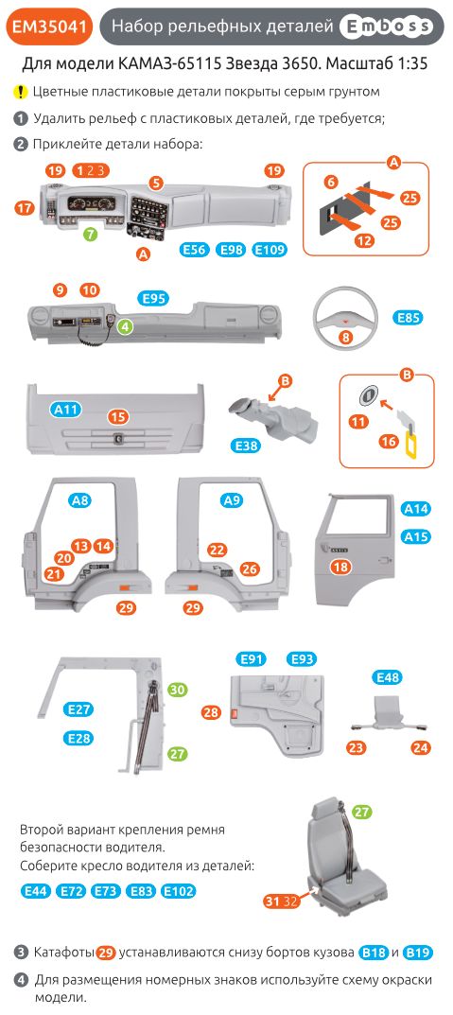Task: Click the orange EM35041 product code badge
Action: (x=49, y=29)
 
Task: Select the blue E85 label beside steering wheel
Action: (x=408, y=318)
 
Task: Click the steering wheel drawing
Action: (x=345, y=317)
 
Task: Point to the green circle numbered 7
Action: (x=89, y=232)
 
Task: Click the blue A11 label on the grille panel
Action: (x=66, y=410)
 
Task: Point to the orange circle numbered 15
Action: (x=117, y=416)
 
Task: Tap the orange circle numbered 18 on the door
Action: (x=340, y=567)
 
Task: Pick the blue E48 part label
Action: (x=389, y=677)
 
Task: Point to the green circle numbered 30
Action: (x=177, y=691)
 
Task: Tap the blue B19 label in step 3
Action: (x=421, y=952)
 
